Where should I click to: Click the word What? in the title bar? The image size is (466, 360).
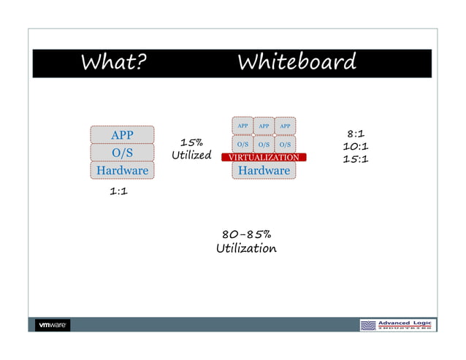[x=113, y=63]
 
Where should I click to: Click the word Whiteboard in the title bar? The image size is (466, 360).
[x=297, y=63]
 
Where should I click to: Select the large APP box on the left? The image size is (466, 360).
[x=122, y=135]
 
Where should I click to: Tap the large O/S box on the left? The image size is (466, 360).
[x=122, y=153]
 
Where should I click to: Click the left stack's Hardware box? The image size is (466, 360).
[x=122, y=170]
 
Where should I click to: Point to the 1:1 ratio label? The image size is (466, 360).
[x=119, y=192]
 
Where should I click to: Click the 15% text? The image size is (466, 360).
[x=191, y=142]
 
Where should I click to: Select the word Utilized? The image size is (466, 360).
[x=191, y=156]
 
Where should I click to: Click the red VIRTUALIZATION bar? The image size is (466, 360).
[x=264, y=157]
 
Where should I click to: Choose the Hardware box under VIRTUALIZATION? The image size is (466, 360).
[x=264, y=170]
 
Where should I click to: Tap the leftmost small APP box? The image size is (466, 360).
[x=242, y=126]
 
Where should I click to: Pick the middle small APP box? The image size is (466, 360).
[x=264, y=126]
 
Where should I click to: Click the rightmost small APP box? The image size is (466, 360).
[x=285, y=126]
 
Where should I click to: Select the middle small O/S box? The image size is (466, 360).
[x=264, y=144]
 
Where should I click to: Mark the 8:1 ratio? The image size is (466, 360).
[x=356, y=134]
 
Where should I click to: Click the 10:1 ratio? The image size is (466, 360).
[x=356, y=146]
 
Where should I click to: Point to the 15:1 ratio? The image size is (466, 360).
[x=356, y=158]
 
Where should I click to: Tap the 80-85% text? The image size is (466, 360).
[x=246, y=235]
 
